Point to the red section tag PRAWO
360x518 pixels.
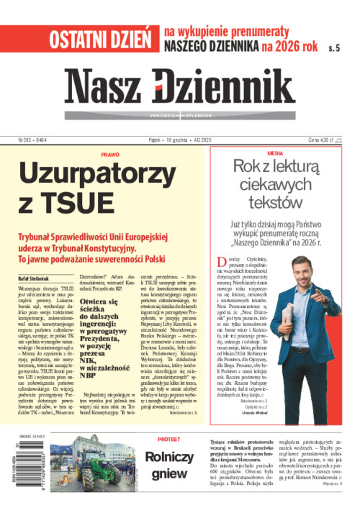[110, 154]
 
